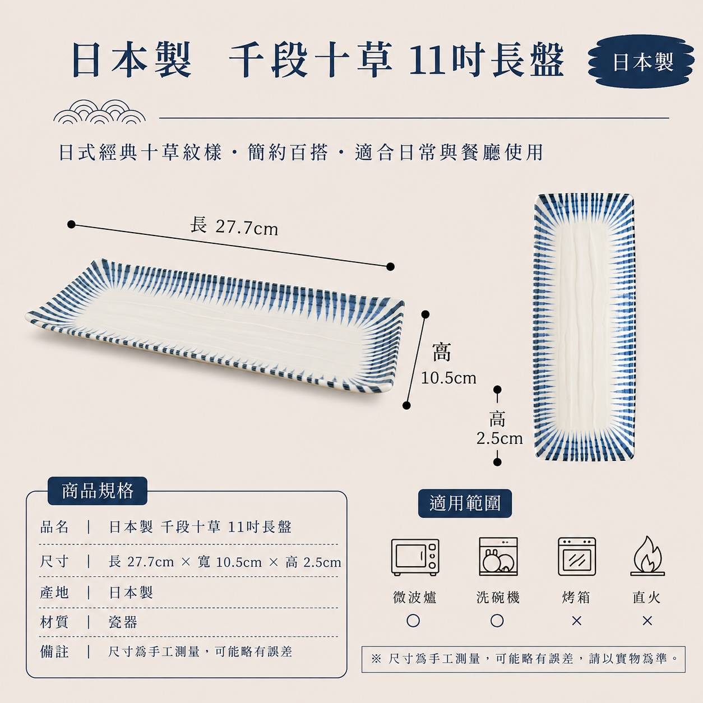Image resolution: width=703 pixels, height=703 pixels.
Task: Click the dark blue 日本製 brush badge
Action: pos(641,61)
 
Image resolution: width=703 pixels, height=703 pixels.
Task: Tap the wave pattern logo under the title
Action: pos(99,112)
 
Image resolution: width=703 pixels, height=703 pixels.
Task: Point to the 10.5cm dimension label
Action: pos(448,378)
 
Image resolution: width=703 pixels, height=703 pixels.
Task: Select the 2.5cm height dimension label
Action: pos(499,438)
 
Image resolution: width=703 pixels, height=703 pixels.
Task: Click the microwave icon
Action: pos(415,557)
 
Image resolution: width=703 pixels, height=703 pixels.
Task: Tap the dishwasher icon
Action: pos(498,556)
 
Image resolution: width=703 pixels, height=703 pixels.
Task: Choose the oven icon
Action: pos(577,556)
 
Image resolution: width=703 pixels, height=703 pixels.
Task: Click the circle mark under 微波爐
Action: pos(413,621)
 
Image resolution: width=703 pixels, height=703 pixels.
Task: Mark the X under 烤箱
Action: pos(576,621)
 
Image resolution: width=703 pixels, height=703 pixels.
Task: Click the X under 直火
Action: pos(647,621)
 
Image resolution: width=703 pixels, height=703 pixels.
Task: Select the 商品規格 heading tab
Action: pos(98,491)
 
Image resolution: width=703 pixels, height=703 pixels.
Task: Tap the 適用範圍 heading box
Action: pos(465,503)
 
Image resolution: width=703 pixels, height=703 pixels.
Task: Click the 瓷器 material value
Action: pos(123,622)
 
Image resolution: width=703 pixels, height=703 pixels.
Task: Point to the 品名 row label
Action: pos(54,527)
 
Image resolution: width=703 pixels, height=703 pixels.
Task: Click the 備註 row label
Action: pos(54,651)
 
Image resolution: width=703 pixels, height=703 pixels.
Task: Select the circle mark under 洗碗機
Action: pos(497,621)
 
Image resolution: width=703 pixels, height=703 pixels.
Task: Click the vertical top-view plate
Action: pos(584,327)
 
